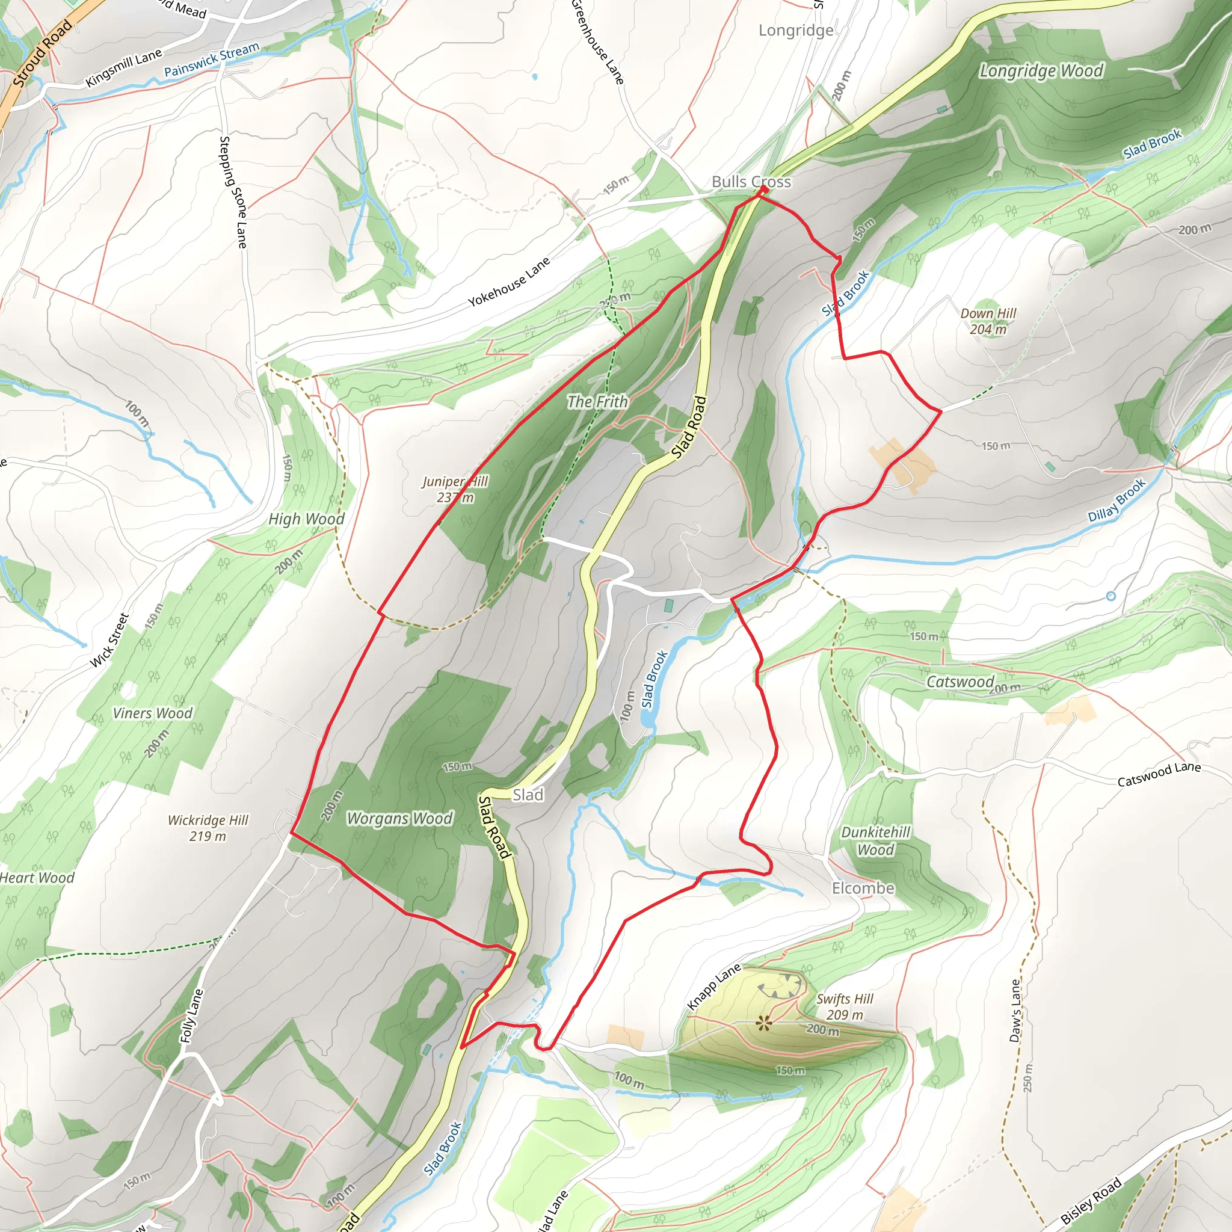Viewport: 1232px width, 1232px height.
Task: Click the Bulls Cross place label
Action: tap(751, 182)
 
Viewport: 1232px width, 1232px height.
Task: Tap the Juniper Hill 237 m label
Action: tap(455, 489)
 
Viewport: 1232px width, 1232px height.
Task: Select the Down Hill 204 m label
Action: tap(988, 321)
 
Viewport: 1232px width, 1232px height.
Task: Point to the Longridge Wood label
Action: tap(1041, 71)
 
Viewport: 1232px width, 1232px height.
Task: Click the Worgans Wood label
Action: tap(399, 818)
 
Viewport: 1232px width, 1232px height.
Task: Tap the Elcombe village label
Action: tap(863, 889)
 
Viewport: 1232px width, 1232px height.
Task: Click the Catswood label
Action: tap(959, 682)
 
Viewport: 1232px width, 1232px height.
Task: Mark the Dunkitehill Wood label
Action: tap(875, 840)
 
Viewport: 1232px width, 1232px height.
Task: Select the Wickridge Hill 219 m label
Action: tap(208, 828)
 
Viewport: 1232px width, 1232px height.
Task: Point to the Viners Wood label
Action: tap(152, 713)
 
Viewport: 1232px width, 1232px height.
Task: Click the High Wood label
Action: tap(306, 519)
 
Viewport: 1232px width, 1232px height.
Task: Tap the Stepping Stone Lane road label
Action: tap(233, 191)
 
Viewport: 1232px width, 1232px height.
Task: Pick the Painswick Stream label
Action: tap(212, 60)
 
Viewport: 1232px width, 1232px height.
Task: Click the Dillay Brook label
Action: tap(1116, 500)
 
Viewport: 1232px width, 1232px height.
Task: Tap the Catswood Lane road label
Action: tap(1159, 774)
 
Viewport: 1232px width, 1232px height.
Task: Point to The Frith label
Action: tap(597, 402)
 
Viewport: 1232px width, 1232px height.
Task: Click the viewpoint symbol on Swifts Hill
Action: tap(763, 1024)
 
